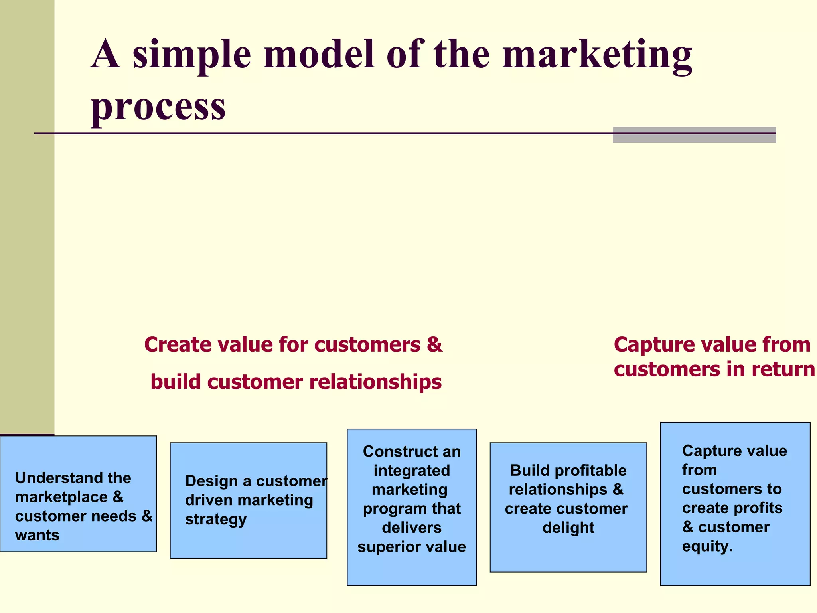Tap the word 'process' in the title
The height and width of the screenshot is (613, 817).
pos(158,107)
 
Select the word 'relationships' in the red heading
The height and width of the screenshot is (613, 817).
pos(375,382)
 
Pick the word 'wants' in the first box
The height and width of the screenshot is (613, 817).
pos(37,535)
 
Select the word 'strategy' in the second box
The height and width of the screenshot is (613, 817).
pos(216,520)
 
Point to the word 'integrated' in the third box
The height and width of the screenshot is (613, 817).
pos(412,471)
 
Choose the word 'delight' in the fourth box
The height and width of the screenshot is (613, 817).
pos(568,528)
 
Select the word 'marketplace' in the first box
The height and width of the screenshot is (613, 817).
pos(61,497)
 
